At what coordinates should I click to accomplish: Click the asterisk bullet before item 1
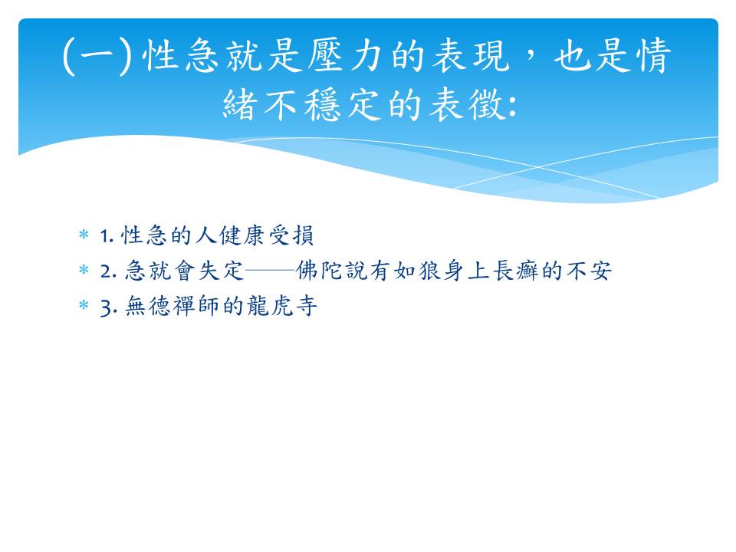pos(84,234)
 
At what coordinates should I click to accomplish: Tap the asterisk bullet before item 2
pos(84,269)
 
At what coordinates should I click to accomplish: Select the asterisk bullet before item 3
pos(84,305)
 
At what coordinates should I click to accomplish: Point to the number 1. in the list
pos(107,236)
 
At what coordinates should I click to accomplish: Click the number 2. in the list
pos(108,271)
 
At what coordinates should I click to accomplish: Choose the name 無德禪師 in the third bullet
pos(173,306)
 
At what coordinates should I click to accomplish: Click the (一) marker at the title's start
pos(97,56)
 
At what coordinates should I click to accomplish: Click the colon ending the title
pos(512,106)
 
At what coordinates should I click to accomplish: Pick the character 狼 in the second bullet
pos(429,271)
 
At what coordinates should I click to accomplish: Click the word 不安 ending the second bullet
pos(589,271)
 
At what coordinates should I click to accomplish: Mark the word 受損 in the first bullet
pos(291,235)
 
